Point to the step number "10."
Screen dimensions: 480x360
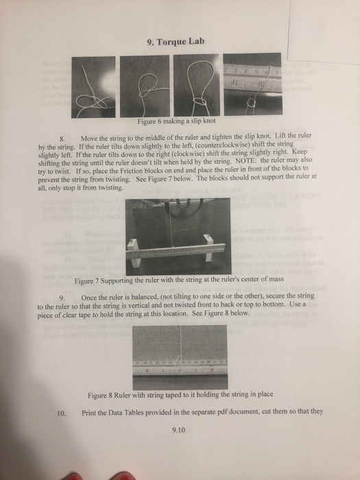tap(62, 413)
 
